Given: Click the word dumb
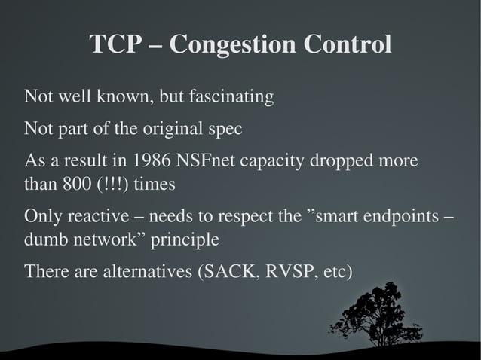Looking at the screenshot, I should pyautogui.click(x=44, y=240).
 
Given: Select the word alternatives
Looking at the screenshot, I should pyautogui.click(x=142, y=271).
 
